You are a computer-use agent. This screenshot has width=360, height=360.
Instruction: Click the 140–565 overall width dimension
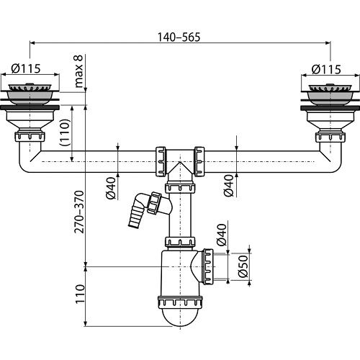(179, 37)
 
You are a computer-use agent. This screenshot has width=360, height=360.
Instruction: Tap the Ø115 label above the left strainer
(26, 68)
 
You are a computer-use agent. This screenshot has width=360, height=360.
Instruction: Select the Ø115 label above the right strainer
(326, 69)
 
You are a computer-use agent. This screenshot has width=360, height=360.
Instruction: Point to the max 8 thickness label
(78, 71)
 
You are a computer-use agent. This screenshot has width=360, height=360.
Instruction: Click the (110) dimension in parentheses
(65, 132)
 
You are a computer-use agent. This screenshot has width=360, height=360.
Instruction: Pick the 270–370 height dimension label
(79, 212)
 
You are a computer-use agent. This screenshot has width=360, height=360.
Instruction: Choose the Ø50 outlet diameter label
(243, 266)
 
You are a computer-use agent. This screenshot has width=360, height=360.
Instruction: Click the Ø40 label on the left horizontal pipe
(111, 188)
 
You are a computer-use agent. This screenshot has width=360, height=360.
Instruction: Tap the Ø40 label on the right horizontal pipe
(228, 186)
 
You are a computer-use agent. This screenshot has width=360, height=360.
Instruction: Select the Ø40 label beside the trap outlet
(222, 235)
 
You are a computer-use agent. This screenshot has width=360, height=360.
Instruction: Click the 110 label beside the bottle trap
(80, 294)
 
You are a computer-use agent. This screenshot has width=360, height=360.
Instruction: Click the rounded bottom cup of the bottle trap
(180, 317)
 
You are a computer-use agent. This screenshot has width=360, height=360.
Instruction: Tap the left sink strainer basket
(30, 95)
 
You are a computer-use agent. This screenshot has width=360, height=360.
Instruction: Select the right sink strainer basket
(330, 95)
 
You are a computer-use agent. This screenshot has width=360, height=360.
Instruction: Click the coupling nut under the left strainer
(30, 136)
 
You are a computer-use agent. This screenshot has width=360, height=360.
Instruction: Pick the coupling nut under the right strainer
(330, 136)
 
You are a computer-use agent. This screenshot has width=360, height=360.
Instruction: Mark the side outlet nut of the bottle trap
(208, 266)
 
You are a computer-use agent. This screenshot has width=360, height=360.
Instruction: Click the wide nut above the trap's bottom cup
(180, 302)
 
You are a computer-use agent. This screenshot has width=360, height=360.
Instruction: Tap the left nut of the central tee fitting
(161, 161)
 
